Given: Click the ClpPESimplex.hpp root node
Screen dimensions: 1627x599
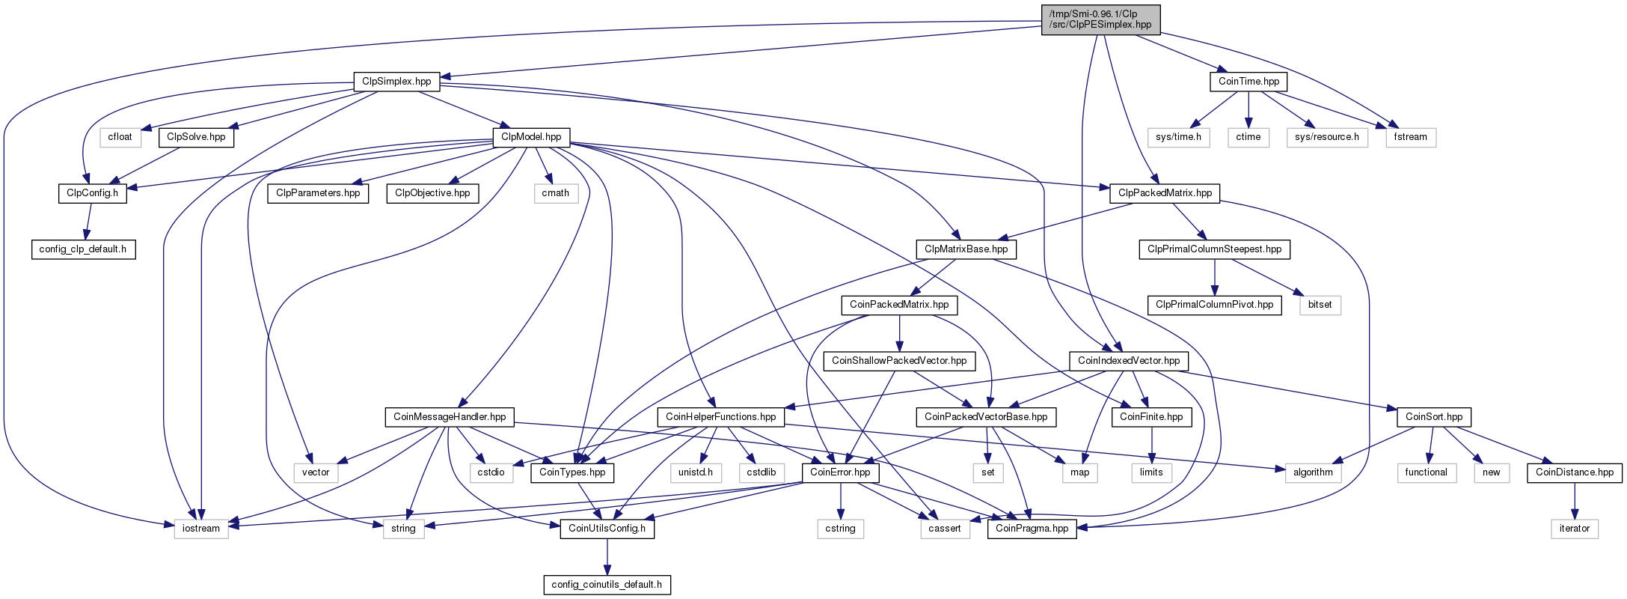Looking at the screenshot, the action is (1100, 19).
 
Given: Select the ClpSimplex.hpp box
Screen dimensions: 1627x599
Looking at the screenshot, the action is (396, 81).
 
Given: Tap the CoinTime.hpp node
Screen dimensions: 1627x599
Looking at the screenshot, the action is (1248, 81).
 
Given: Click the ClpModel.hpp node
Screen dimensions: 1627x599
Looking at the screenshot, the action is (531, 137).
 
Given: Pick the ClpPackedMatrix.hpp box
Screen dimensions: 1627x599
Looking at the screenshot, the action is (1165, 193).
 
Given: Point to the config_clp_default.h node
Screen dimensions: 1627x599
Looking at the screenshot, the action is (83, 249).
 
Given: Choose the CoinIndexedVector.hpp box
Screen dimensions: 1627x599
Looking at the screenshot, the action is (1129, 361).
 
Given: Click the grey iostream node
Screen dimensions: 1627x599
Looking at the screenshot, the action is (201, 529).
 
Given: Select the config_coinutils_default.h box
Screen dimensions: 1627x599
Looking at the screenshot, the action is (607, 585).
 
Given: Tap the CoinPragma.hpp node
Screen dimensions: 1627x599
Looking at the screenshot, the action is (1032, 529).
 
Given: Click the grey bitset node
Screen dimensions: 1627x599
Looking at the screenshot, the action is (1320, 305).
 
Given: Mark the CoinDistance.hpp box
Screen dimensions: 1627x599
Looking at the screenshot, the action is (1575, 472).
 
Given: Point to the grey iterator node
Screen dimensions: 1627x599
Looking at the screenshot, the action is (1575, 529).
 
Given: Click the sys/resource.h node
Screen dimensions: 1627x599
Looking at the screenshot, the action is (1328, 137).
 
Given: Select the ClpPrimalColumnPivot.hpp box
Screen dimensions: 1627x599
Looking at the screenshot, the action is (1214, 305).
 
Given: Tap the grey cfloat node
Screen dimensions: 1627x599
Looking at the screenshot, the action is (120, 137).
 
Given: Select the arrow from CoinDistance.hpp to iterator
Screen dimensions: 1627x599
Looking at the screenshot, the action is (1575, 501).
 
